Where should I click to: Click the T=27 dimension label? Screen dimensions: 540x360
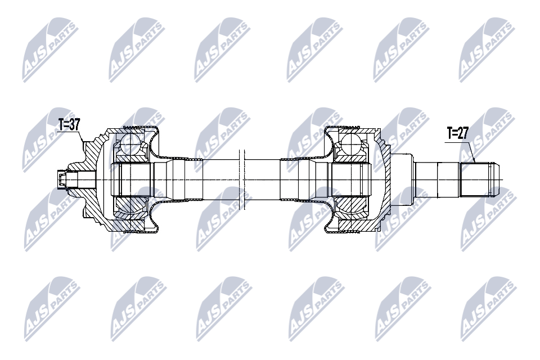point(458,133)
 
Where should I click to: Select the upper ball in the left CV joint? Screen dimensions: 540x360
point(131,145)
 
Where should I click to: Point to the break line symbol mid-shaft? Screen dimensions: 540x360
point(242,179)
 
